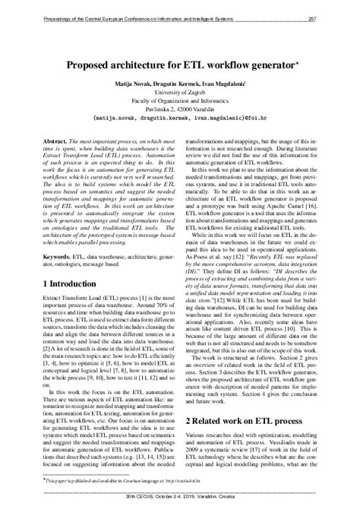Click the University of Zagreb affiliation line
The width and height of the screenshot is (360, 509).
tap(180, 96)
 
